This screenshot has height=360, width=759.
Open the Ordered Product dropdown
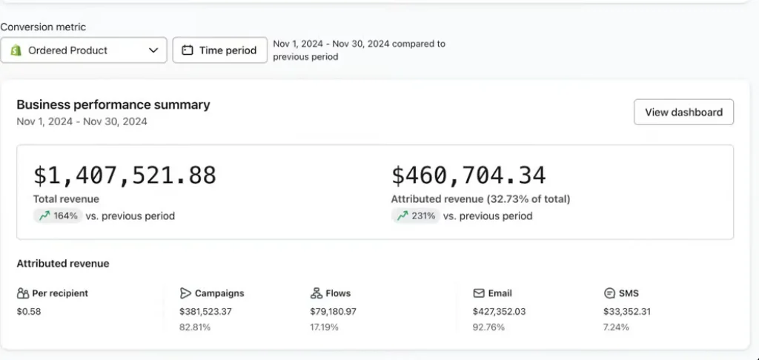coord(84,50)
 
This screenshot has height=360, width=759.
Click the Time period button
coord(219,50)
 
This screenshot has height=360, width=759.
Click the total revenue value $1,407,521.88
coord(125,175)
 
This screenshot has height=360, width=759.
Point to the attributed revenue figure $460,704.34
coord(468,175)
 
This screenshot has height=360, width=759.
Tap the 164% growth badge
coord(58,216)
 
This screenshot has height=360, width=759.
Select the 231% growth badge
coord(416,216)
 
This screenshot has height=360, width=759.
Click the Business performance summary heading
coord(113,105)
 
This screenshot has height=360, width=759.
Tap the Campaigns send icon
coord(185,293)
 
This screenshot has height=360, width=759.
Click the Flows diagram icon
coord(316,293)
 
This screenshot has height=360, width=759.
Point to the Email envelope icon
coord(479,293)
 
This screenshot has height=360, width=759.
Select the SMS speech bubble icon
coord(609,293)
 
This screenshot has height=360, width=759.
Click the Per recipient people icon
coord(23,293)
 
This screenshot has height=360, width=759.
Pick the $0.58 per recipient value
coord(29,312)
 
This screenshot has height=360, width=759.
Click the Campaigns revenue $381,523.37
coord(206,312)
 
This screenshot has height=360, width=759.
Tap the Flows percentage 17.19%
coord(325,327)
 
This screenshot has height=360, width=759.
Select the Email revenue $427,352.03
coord(499,312)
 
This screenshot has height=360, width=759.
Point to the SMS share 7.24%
coord(616,327)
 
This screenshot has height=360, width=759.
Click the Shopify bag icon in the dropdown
coord(16,50)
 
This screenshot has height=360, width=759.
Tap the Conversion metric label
coord(43,27)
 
